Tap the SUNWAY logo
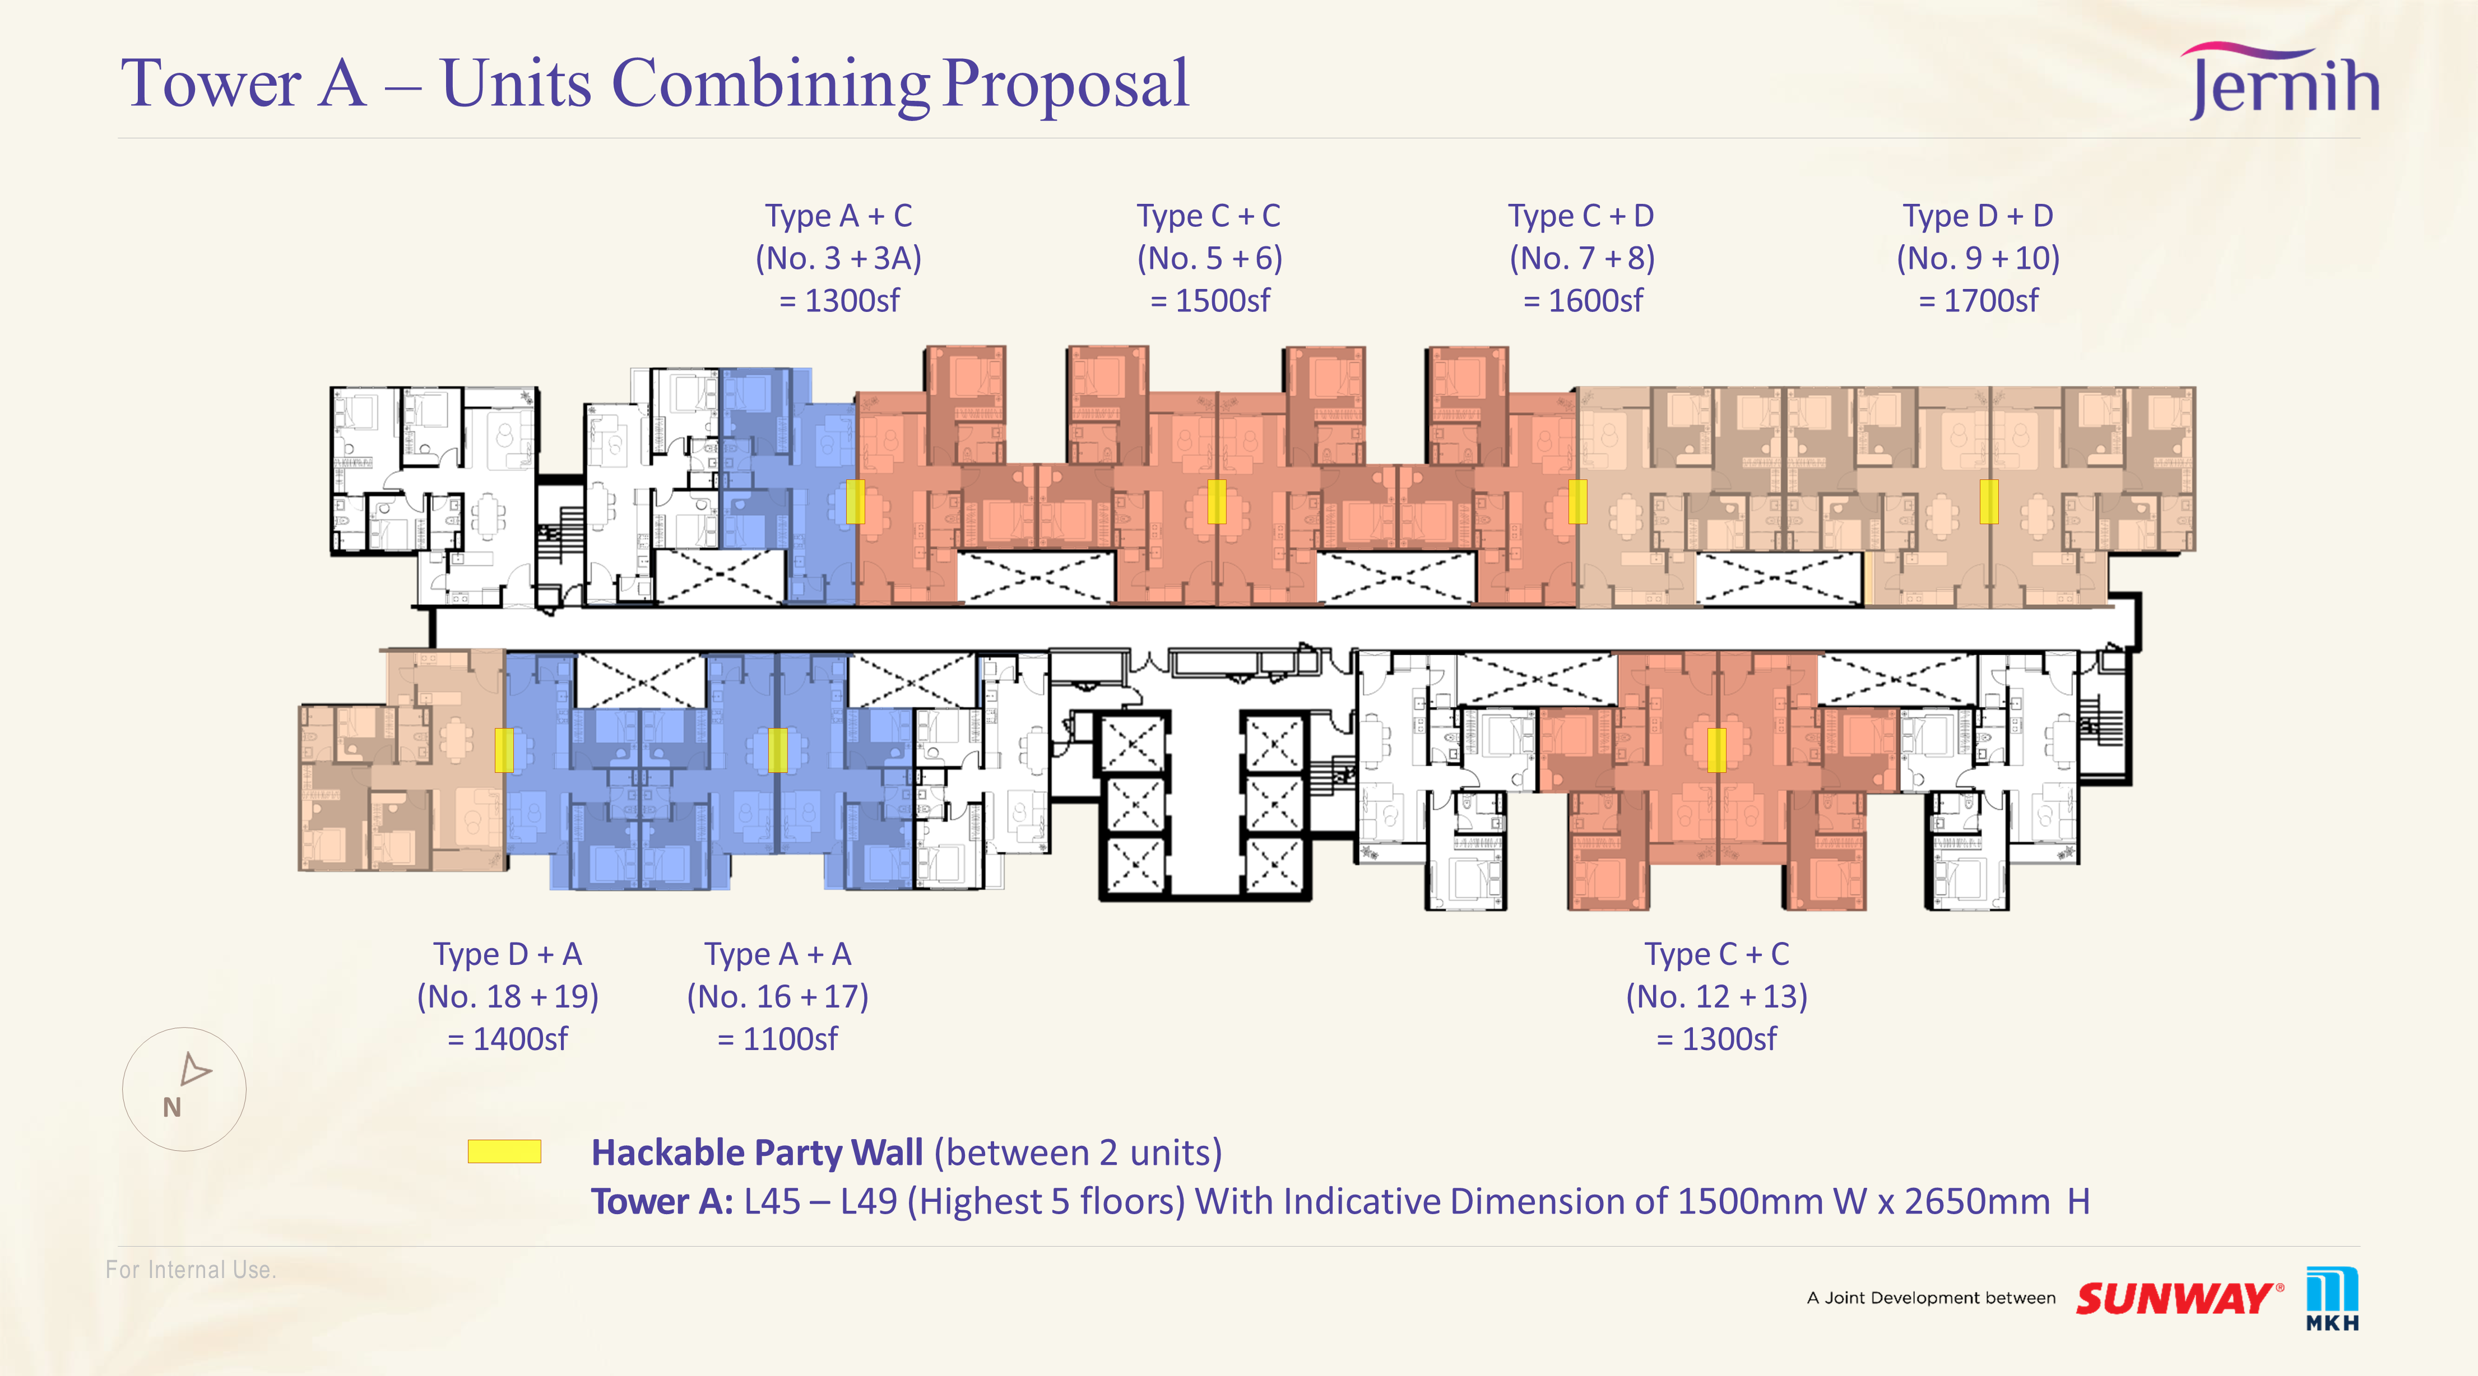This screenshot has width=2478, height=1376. pos(2179,1298)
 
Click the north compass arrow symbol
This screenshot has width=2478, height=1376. pos(195,1069)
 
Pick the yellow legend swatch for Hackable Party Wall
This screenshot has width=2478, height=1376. pos(504,1151)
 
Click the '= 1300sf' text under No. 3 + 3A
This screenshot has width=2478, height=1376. pos(839,300)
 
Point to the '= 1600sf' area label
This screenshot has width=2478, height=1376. pos(1583,300)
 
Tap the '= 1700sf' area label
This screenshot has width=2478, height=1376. pos(1978,300)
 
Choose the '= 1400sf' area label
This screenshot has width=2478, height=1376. pos(507,1038)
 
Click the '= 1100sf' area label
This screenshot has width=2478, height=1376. pos(777,1038)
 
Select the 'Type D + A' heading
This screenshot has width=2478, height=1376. pos(507,954)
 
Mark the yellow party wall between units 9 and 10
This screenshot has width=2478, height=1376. pos(1988,502)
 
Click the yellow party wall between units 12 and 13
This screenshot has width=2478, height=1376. pos(1716,750)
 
